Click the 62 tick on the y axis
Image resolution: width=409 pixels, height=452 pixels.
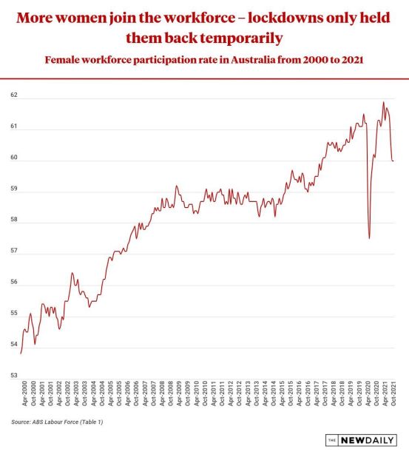[14, 95]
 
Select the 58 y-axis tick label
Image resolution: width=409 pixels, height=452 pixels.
[14, 220]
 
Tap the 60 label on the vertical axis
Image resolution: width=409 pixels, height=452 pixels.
[14, 158]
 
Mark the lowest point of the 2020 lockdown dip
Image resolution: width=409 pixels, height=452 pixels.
[369, 238]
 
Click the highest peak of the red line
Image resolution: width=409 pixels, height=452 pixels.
[383, 102]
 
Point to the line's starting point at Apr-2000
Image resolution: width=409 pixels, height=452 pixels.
[21, 354]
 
